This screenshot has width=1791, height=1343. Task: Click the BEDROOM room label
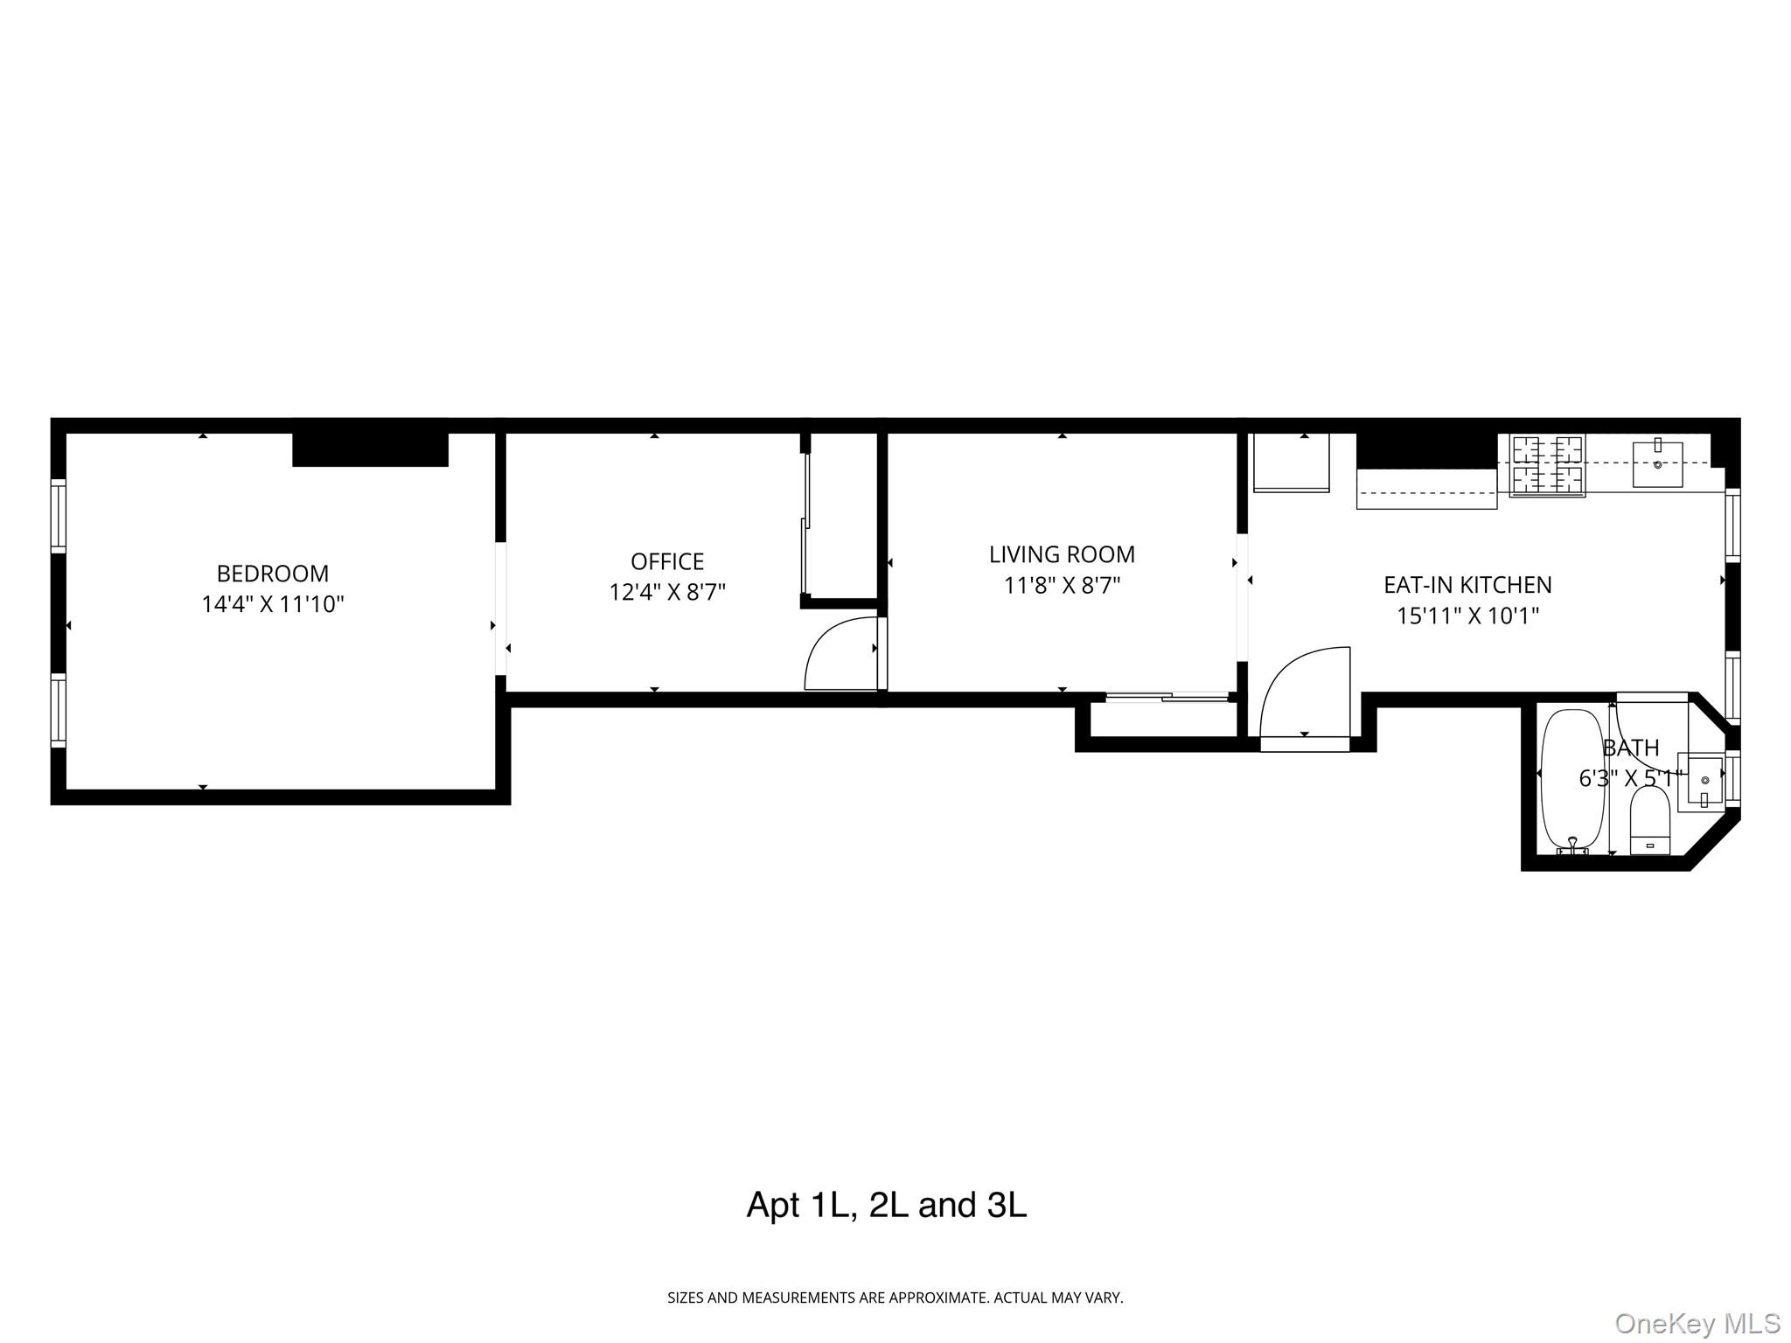(x=272, y=574)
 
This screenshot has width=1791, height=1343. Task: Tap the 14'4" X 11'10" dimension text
(x=272, y=604)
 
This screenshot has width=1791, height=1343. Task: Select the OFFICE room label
(x=666, y=561)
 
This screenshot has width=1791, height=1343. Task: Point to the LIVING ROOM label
(x=1062, y=554)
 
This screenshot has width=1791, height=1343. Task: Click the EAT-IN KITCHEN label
(x=1467, y=585)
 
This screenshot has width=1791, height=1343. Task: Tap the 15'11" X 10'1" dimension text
(x=1467, y=616)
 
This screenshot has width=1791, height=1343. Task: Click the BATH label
(x=1630, y=748)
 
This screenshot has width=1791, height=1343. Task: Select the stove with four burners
(x=1547, y=465)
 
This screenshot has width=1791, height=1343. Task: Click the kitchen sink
(x=1657, y=464)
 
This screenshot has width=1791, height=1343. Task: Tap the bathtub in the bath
(x=1572, y=780)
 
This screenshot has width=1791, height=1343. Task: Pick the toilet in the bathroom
(x=1650, y=822)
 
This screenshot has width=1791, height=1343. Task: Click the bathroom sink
(x=1702, y=778)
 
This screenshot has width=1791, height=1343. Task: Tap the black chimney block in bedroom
(x=370, y=449)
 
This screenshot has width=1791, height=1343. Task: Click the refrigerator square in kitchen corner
(x=1291, y=462)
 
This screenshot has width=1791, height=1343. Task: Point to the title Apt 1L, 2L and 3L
(x=886, y=1205)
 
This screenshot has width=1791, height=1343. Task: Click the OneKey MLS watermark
(x=1697, y=1323)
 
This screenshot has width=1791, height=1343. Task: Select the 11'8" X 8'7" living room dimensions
(x=1062, y=585)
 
